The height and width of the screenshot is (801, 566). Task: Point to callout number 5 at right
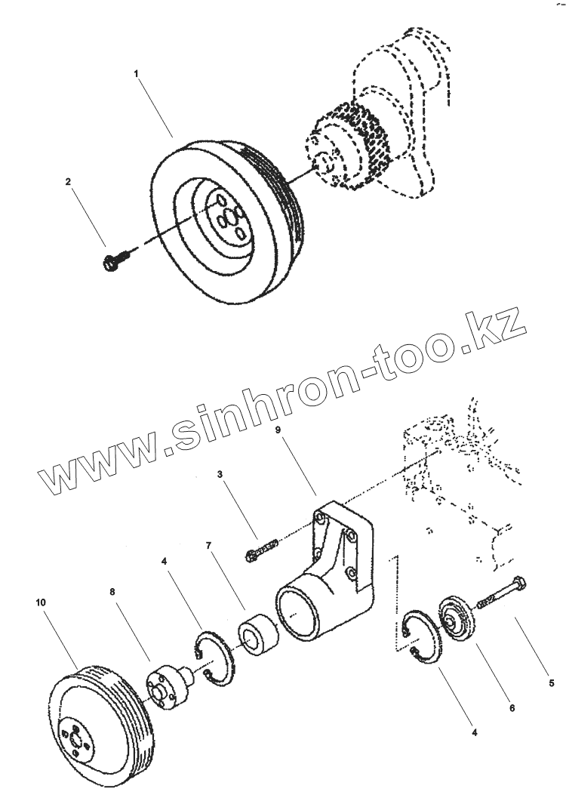pos(552,683)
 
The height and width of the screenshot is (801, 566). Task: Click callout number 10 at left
pos(41,602)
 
